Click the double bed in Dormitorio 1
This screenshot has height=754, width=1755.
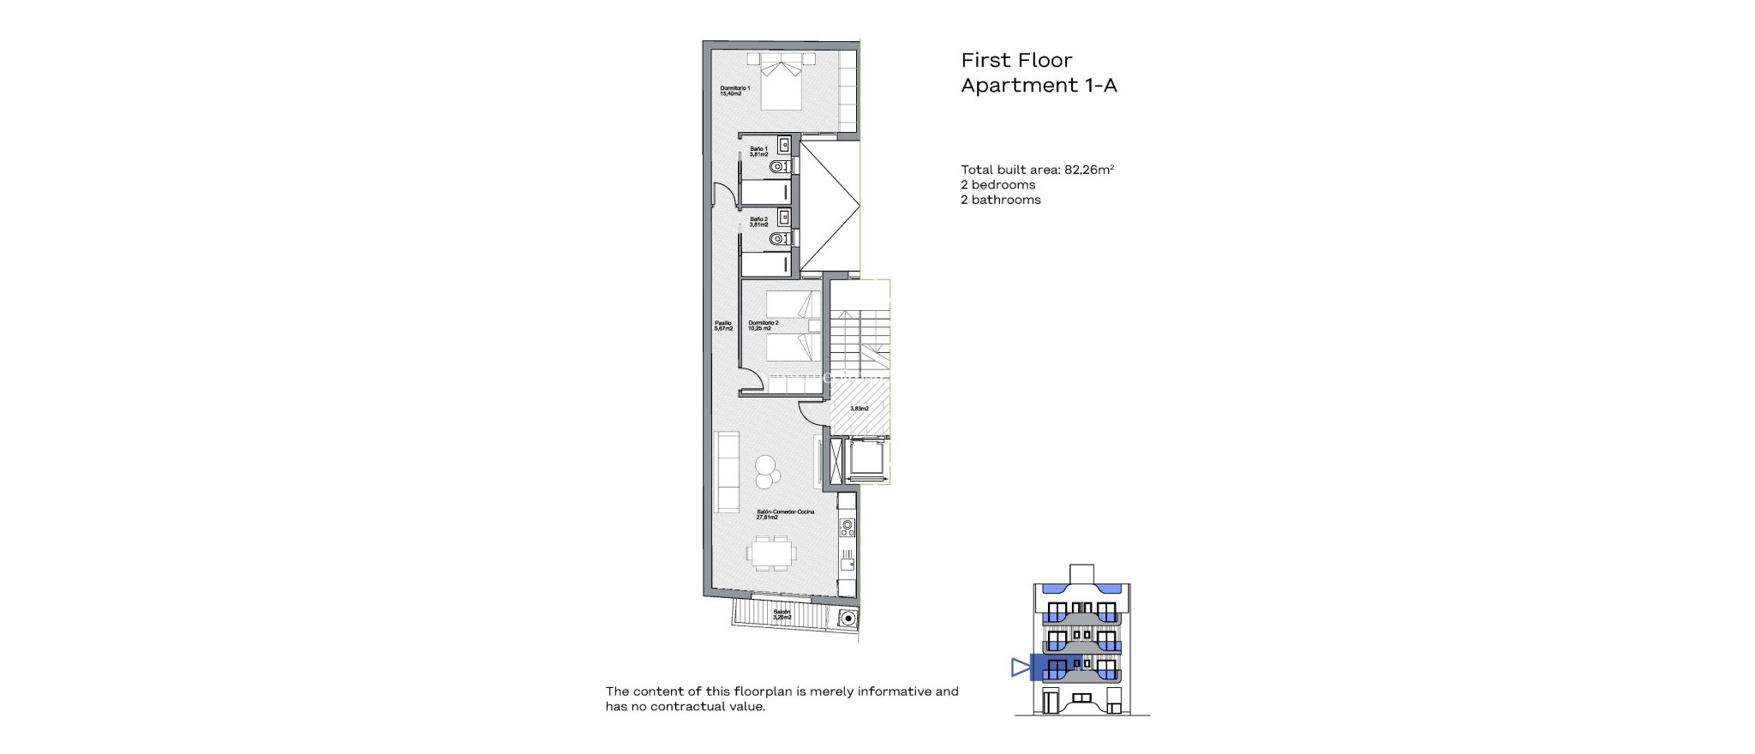[181, 82]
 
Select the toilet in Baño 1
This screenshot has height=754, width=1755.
[181, 166]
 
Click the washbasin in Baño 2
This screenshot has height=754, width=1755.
[184, 216]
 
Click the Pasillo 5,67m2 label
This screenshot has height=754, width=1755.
[723, 326]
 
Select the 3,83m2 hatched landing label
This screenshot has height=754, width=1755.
[859, 409]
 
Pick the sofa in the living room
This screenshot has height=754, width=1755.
[728, 471]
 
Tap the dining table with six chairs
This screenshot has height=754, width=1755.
[171, 554]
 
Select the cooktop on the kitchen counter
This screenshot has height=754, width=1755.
[847, 526]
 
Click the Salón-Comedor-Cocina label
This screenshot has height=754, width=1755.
[185, 514]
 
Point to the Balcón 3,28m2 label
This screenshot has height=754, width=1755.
[782, 614]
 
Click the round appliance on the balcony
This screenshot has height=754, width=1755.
[848, 618]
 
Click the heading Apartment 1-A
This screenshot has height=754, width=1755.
[1039, 85]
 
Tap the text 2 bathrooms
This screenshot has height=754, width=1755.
[1000, 200]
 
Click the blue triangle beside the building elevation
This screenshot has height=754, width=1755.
[1020, 667]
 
